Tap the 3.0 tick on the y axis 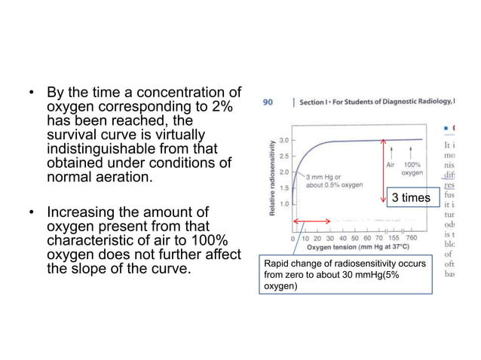click(x=283, y=140)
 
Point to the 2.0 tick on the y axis click(x=283, y=172)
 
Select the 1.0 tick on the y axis click(x=283, y=203)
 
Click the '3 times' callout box click(x=411, y=197)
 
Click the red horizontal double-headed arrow click(x=312, y=221)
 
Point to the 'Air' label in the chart click(x=391, y=163)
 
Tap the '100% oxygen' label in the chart click(x=412, y=168)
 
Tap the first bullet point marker click(x=32, y=95)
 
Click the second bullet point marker click(x=32, y=213)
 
